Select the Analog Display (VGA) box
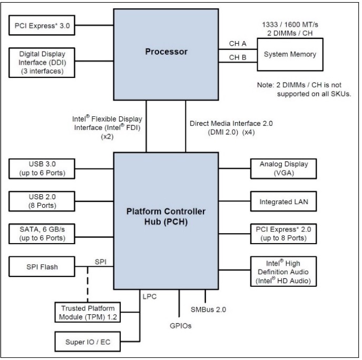coord(283,169)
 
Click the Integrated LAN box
coord(283,201)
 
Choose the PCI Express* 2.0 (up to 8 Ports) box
coord(283,233)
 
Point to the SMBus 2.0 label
coord(208,309)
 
